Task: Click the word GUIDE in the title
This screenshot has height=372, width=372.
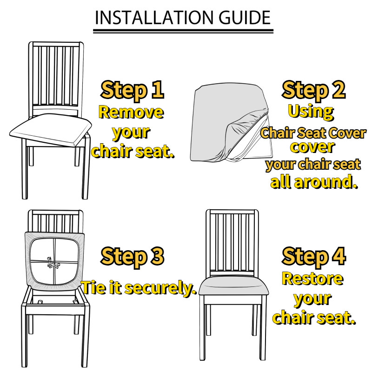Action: point(245,18)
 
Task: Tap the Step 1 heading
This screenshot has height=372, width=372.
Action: point(133,91)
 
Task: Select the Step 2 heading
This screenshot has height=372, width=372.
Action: point(313,91)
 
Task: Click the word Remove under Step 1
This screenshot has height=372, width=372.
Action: point(131,112)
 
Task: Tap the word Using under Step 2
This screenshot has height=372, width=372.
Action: point(311,112)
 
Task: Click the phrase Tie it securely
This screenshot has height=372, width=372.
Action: point(139,288)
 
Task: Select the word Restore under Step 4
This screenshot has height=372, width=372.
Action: point(312,279)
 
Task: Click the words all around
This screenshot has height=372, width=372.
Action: point(314,182)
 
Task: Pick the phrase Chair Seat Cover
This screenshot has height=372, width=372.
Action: point(313,133)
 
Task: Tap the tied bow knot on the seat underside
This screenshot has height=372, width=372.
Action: point(53,263)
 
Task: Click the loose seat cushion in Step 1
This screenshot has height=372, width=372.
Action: point(51,130)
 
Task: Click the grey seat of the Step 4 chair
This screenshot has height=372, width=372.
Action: point(234,286)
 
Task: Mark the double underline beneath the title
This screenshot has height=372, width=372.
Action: point(183,31)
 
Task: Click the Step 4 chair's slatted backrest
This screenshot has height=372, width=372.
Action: point(232,242)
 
